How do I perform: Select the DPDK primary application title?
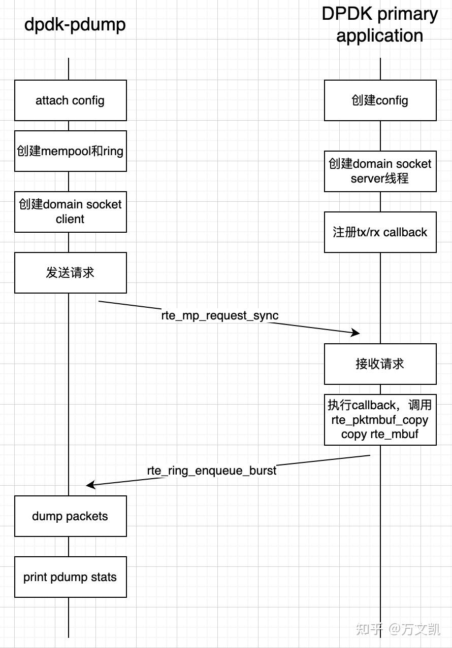(380, 24)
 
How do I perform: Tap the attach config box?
(70, 100)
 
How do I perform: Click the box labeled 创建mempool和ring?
(70, 151)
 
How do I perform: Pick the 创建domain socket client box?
(70, 212)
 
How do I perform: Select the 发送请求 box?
(70, 273)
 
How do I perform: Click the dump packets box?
(70, 516)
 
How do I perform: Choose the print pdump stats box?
(70, 577)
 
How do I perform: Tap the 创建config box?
(380, 100)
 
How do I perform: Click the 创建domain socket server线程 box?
(380, 171)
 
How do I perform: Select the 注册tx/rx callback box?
(380, 232)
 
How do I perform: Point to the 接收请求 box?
(380, 364)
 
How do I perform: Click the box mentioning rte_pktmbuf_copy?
(380, 420)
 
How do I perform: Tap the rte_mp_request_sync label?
(219, 315)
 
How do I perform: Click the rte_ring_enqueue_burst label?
(212, 471)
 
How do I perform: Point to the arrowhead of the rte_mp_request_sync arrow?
(356, 333)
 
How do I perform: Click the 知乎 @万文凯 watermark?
(398, 629)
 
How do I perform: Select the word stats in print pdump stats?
(104, 577)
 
